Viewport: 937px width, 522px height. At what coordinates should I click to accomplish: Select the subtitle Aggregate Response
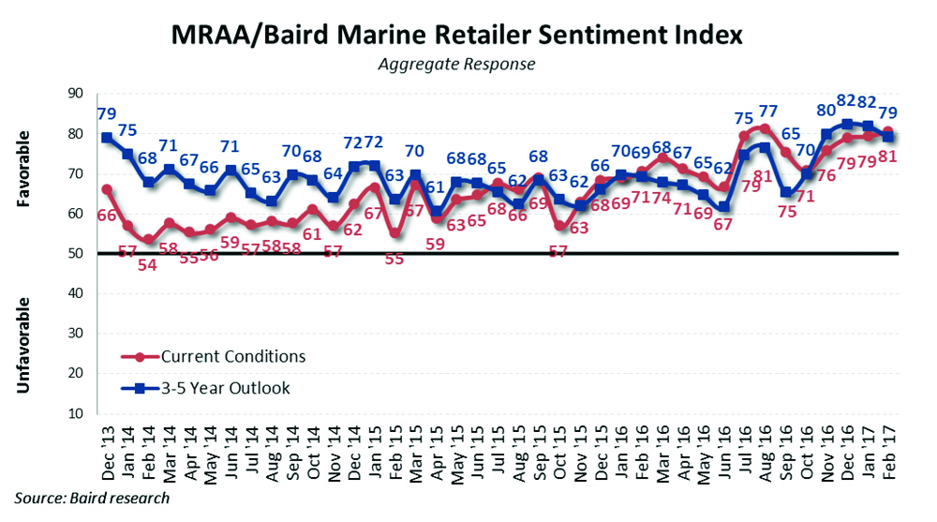point(456,64)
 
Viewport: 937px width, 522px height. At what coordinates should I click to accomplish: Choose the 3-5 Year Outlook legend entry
point(226,388)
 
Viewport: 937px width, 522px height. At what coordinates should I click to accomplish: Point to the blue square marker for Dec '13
point(107,138)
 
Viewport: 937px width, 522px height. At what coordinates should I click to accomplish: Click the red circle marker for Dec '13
point(107,189)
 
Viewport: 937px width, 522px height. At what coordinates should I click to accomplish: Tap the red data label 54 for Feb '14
point(148,265)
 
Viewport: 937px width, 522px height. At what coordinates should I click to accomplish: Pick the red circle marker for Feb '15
point(394,233)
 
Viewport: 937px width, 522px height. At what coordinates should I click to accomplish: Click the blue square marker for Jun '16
point(723,206)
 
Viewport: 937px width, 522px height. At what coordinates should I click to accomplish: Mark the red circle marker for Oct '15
point(558,226)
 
